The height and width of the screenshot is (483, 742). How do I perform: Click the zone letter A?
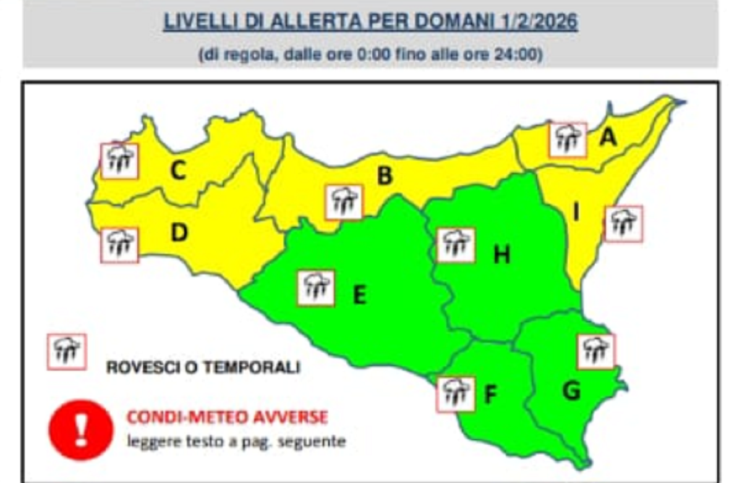(608, 138)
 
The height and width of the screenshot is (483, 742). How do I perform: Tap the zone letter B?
(385, 176)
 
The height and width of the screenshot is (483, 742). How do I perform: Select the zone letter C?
(178, 171)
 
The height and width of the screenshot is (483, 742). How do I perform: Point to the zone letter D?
(179, 233)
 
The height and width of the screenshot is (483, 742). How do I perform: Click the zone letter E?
(359, 295)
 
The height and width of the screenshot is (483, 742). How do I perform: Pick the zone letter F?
(490, 394)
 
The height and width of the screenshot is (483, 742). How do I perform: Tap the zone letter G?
(571, 390)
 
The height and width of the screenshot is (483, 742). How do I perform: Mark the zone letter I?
(576, 212)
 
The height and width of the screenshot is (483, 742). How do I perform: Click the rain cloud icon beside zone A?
(568, 140)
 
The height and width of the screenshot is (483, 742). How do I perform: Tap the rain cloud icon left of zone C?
(119, 161)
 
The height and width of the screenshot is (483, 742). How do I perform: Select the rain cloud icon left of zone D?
(119, 245)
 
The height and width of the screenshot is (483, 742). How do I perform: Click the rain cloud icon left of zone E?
(316, 287)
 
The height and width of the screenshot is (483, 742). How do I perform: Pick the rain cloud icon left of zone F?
(456, 393)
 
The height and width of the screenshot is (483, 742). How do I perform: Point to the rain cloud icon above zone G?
(596, 351)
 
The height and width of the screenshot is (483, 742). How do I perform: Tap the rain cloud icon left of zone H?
(456, 245)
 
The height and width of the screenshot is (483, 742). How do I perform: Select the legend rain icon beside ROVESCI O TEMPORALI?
(67, 351)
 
